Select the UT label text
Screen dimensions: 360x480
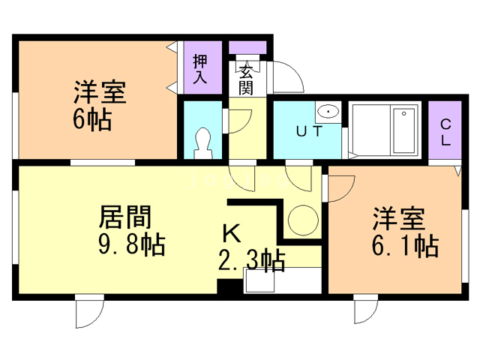tap(309, 133)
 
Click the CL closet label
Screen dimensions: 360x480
tap(445, 133)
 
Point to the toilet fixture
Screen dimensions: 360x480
tap(202, 142)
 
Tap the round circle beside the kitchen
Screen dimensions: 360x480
tap(304, 220)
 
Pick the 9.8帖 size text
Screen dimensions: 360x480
tap(132, 244)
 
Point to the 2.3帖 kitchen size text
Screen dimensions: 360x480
tap(250, 261)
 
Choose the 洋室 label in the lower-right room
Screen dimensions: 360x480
tap(399, 220)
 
